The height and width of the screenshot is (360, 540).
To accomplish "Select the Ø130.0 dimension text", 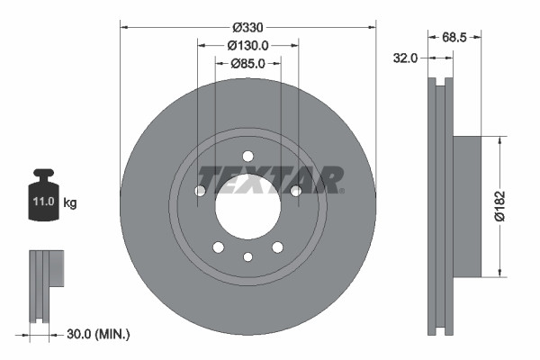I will coord(247,45).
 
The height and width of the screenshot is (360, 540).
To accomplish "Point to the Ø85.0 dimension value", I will coord(247,63).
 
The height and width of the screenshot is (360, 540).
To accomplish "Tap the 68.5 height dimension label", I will coord(455,37).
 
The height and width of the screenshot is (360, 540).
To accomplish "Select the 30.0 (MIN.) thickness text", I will coord(99,334).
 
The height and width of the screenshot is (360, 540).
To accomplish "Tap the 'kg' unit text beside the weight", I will coord(70,203).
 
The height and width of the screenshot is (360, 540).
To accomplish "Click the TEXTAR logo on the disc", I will coord(270,178).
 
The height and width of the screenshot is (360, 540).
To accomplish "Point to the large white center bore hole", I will coord(247,206).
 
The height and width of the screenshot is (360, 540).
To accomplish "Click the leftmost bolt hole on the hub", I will coord(200,190).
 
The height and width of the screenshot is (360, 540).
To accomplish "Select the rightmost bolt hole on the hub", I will coord(295,190).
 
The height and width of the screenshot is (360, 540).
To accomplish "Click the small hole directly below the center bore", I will coord(247,257).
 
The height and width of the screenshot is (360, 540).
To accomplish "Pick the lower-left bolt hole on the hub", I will coord(218,247).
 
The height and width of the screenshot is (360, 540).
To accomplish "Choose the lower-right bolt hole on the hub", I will coord(277,247).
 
